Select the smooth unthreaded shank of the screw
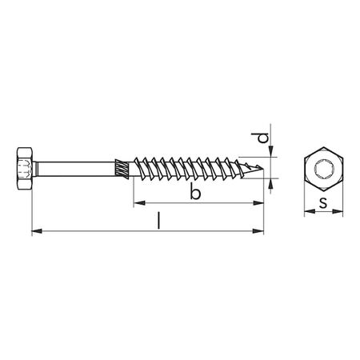(77, 170)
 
